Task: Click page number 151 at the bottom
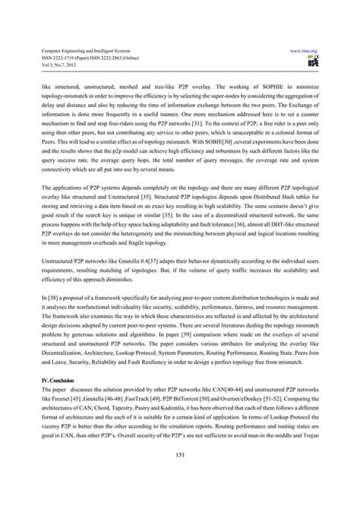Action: (180, 477)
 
